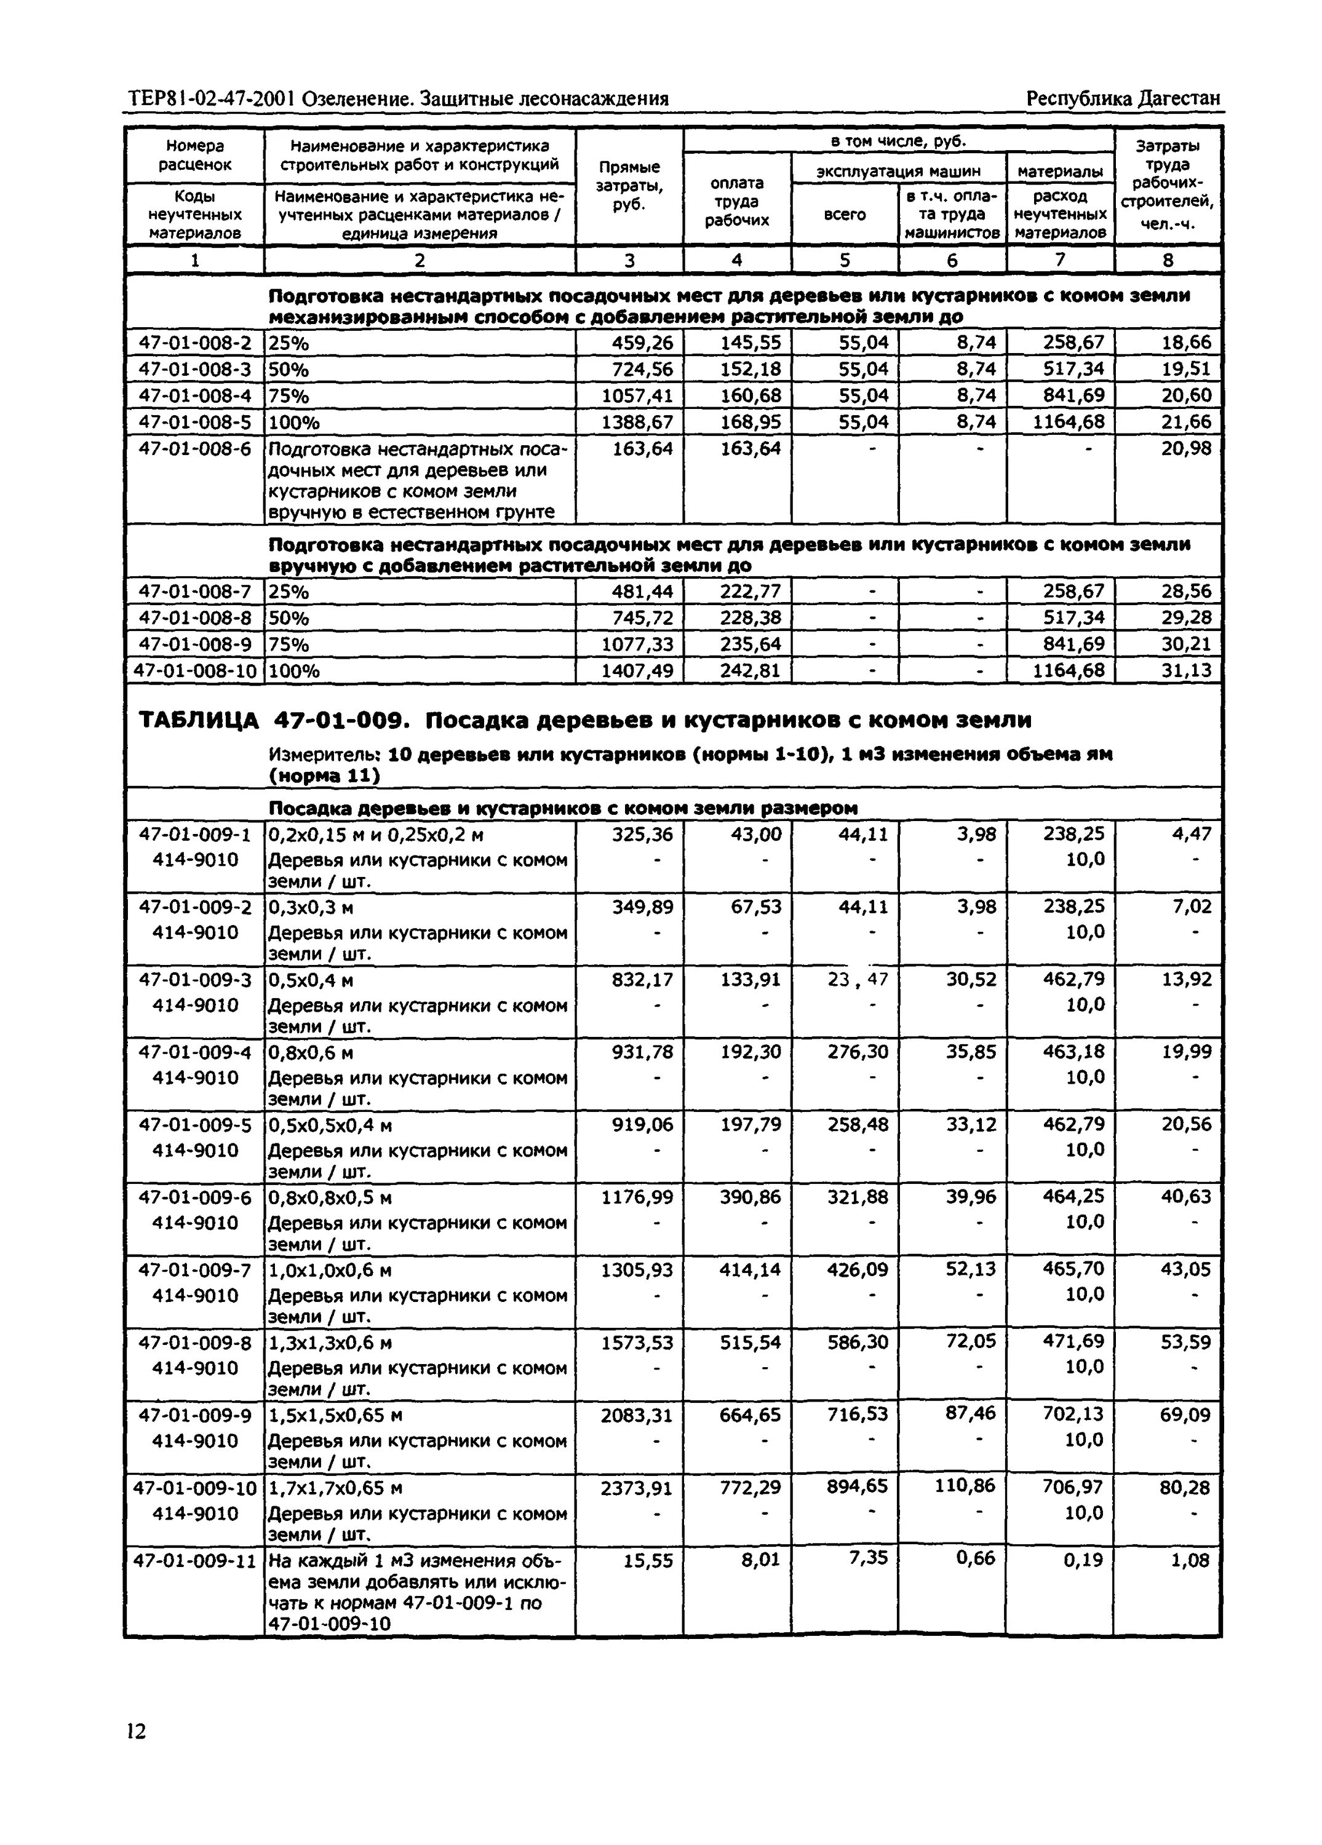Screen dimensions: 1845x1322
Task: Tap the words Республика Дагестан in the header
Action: pyautogui.click(x=1123, y=99)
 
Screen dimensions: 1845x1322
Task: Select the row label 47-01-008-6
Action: pyautogui.click(x=195, y=448)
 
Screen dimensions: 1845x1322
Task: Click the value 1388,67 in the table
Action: pyautogui.click(x=637, y=423)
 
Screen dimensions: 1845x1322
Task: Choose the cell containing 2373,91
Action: pyautogui.click(x=637, y=1488)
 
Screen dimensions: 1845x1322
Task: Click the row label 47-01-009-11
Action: pyautogui.click(x=195, y=1561)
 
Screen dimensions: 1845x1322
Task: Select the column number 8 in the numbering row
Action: pyautogui.click(x=1168, y=260)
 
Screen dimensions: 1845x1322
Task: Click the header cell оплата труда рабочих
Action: pyautogui.click(x=737, y=202)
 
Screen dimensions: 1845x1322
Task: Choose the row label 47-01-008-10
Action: pyautogui.click(x=195, y=671)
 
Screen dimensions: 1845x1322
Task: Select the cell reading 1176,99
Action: pyautogui.click(x=637, y=1197)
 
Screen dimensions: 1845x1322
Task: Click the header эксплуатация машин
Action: pyautogui.click(x=898, y=171)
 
